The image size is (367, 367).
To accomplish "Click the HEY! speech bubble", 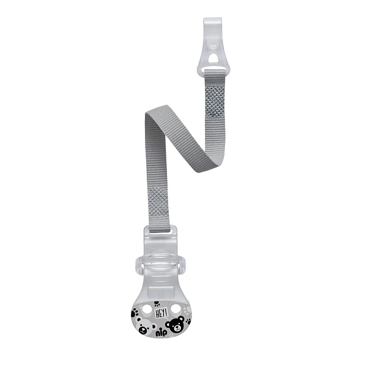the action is [161, 313].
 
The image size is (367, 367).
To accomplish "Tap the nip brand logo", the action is [161, 333].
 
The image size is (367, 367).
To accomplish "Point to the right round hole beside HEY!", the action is [176, 309].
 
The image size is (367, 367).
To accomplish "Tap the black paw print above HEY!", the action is [157, 305].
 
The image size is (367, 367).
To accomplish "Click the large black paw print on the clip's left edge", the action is [135, 313].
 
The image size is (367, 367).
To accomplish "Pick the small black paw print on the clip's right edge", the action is [188, 321].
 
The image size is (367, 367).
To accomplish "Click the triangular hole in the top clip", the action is [212, 58].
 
